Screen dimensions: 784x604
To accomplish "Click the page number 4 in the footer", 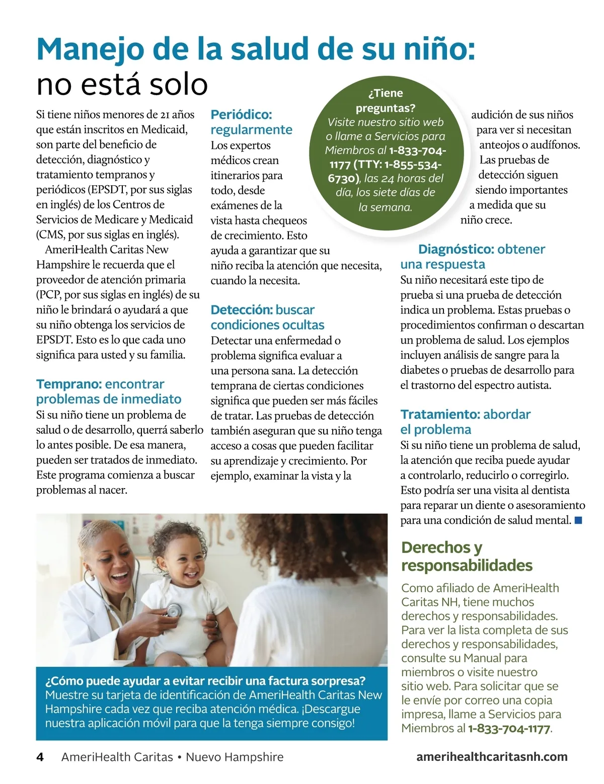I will point(40,757).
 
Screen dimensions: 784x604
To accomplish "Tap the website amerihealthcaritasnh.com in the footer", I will point(492,757).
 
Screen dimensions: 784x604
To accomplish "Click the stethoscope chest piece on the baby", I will point(173,610).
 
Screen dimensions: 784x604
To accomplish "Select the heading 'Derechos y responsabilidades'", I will point(467,556).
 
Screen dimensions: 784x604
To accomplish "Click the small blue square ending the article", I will point(578,520).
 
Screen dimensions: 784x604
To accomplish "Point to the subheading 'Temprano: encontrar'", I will point(100,384).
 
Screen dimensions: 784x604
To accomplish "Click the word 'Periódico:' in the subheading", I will point(241,115).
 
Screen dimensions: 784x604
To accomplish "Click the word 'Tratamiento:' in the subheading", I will point(440,415).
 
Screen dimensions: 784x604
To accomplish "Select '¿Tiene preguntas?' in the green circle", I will point(386,101).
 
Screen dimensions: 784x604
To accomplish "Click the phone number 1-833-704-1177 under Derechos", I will point(509,729).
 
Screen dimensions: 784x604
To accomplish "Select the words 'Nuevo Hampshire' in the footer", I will point(235,757).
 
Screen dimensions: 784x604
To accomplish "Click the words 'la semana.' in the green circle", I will point(385,207).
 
